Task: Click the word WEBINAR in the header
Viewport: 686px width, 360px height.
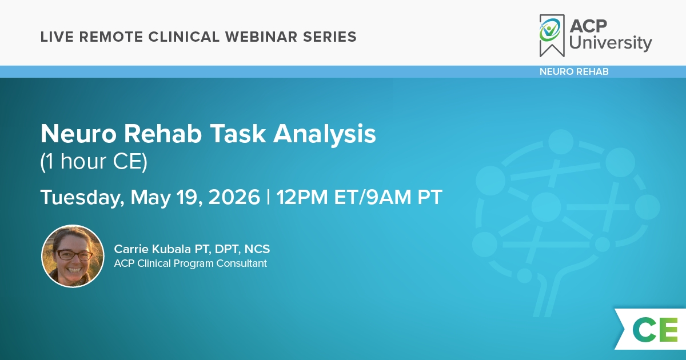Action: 261,37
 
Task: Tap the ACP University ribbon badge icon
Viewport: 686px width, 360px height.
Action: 552,35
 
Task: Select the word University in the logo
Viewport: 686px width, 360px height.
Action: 611,43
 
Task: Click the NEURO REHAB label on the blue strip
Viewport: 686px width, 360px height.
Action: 574,71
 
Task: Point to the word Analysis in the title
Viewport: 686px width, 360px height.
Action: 324,134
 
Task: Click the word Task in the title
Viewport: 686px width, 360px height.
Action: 238,134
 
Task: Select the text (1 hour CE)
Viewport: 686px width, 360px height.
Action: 94,162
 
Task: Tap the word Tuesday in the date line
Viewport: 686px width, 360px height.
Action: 82,198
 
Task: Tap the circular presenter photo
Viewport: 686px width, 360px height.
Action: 73,256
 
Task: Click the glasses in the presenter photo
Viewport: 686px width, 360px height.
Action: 74,255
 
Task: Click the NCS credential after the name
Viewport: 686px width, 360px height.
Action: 257,249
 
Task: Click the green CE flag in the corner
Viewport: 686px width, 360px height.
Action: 651,329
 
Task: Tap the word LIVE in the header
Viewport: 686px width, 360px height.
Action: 57,37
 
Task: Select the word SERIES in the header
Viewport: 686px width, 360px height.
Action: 330,37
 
